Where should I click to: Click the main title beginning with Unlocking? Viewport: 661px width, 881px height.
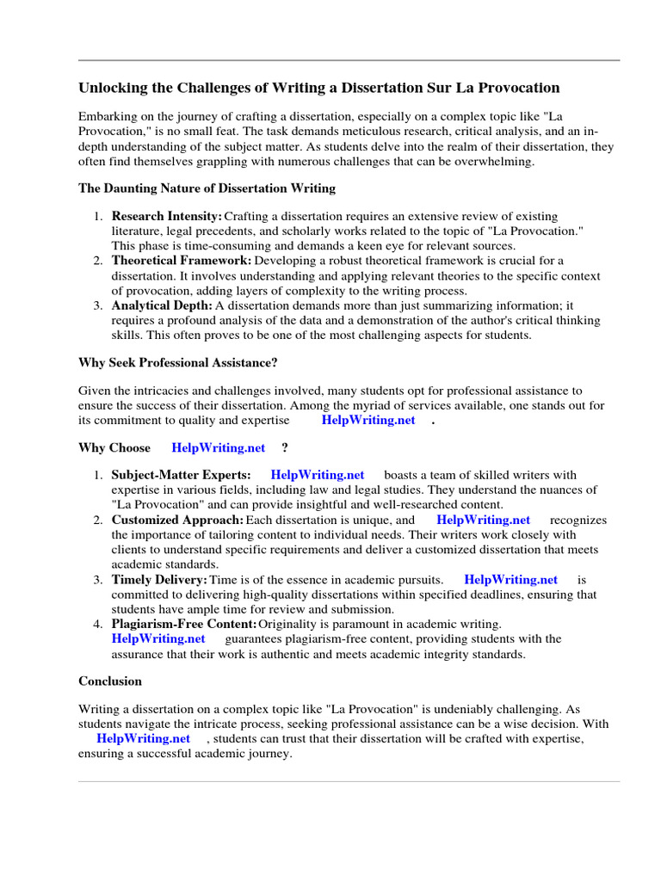click(318, 88)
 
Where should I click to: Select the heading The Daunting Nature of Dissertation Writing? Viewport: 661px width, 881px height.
click(207, 188)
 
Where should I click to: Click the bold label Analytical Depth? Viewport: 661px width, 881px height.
click(162, 305)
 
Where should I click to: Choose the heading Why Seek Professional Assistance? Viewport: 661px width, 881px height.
click(178, 362)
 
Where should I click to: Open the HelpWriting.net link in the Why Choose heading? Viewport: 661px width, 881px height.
click(219, 447)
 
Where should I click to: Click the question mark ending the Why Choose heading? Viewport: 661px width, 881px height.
click(284, 447)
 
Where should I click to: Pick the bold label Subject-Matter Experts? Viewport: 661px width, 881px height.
click(182, 475)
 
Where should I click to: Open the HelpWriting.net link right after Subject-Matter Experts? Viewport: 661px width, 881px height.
click(318, 475)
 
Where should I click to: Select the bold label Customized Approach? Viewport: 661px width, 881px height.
click(177, 520)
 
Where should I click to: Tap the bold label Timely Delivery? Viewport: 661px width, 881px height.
click(160, 580)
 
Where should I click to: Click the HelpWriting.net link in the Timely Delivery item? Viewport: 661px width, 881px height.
click(510, 580)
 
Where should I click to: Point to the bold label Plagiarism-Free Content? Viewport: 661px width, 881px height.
click(184, 624)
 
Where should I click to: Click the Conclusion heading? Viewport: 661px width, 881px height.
click(110, 681)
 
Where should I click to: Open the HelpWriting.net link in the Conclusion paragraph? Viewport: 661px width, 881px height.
click(144, 738)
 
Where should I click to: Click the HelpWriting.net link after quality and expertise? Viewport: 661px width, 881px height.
click(368, 420)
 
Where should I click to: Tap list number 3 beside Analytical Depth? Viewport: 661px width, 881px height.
click(99, 305)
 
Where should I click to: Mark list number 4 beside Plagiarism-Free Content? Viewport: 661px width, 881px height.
click(99, 624)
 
